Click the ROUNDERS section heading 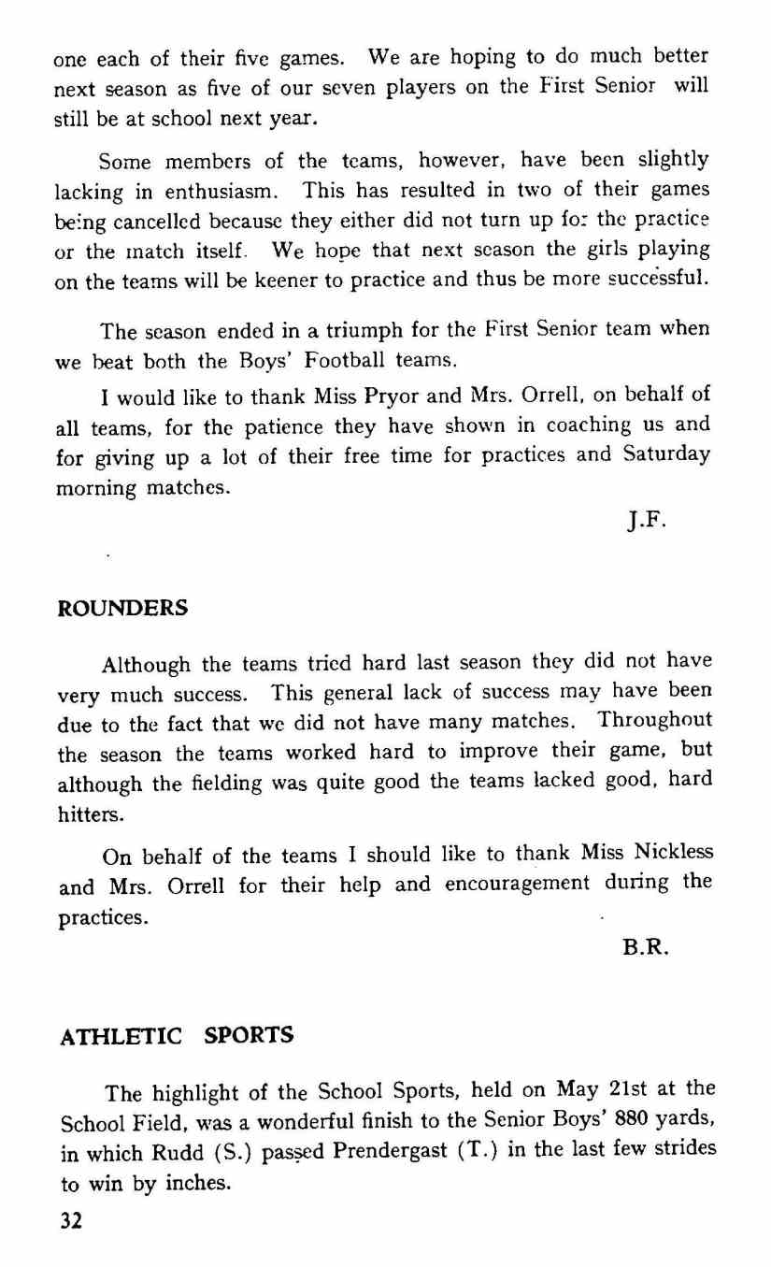click(123, 608)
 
